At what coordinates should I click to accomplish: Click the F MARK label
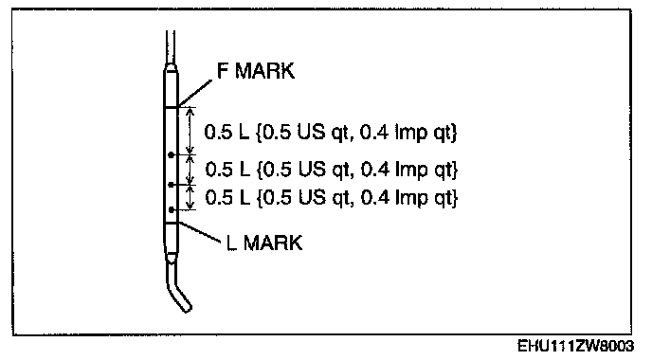pyautogui.click(x=256, y=71)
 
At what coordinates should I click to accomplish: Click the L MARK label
pyautogui.click(x=264, y=243)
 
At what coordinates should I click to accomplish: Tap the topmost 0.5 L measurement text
pyautogui.click(x=331, y=133)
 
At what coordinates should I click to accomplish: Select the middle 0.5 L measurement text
pyautogui.click(x=332, y=170)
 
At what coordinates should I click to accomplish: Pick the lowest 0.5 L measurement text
pyautogui.click(x=332, y=197)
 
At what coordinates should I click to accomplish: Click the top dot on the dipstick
pyautogui.click(x=171, y=155)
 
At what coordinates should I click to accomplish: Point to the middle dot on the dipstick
pyautogui.click(x=171, y=184)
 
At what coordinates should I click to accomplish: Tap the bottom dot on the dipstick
pyautogui.click(x=171, y=210)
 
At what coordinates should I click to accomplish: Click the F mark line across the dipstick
pyautogui.click(x=171, y=107)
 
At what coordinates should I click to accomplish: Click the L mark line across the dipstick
pyautogui.click(x=171, y=224)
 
